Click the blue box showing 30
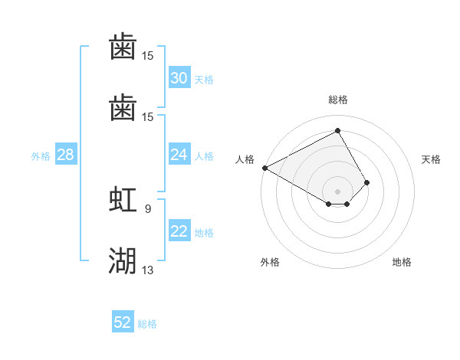pyautogui.click(x=179, y=78)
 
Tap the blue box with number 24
pyautogui.click(x=179, y=155)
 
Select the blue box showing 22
pyautogui.click(x=179, y=232)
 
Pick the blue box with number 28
pyautogui.click(x=66, y=155)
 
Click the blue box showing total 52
pyautogui.click(x=123, y=322)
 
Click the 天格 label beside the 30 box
pyautogui.click(x=204, y=79)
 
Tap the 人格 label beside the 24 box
pyautogui.click(x=204, y=156)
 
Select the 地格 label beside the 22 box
pyautogui.click(x=204, y=233)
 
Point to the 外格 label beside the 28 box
pyautogui.click(x=41, y=156)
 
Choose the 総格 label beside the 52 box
pyautogui.click(x=147, y=323)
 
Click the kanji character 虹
pyautogui.click(x=123, y=200)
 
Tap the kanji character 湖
pyautogui.click(x=123, y=261)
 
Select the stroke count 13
pyautogui.click(x=148, y=270)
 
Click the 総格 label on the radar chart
pyautogui.click(x=338, y=100)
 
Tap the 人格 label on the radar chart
pyautogui.click(x=245, y=159)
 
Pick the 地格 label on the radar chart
pyautogui.click(x=402, y=262)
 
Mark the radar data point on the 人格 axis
pyautogui.click(x=264, y=168)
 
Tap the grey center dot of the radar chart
pyautogui.click(x=338, y=191)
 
